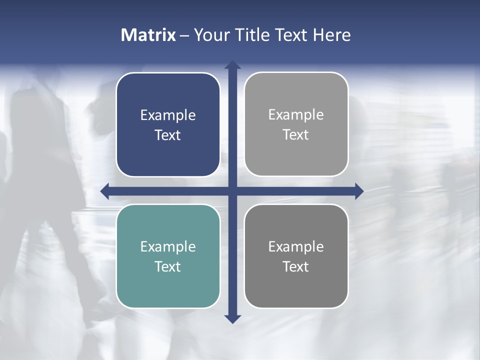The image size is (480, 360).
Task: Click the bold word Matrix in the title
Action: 148,35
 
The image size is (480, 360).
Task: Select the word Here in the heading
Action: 332,35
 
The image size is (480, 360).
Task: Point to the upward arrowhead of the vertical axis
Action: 232,65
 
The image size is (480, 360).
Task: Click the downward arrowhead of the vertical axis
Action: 232,318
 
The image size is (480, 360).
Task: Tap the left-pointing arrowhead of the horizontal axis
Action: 105,191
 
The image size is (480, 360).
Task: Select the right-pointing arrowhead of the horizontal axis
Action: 359,191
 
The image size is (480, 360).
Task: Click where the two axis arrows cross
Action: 232,191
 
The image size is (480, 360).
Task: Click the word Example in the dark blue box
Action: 168,115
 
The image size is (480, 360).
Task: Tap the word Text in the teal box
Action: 168,266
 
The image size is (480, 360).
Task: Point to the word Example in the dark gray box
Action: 296,246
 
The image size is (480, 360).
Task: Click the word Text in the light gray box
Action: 296,134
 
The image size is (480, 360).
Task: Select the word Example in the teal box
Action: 168,246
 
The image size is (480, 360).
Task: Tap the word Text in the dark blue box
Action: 168,135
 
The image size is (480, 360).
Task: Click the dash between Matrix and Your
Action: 184,35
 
